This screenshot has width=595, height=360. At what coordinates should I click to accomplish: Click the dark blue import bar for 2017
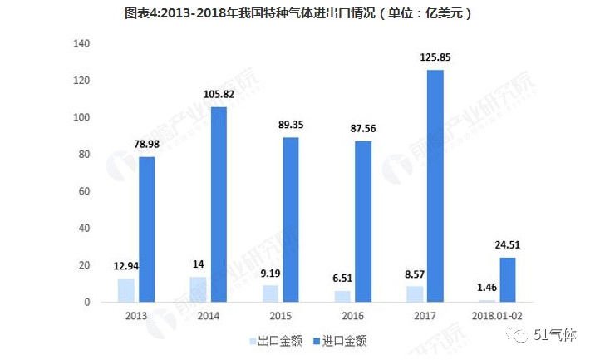click(x=435, y=186)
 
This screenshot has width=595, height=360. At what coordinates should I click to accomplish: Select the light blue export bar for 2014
click(x=198, y=289)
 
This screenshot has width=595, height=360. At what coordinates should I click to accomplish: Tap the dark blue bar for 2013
click(x=146, y=229)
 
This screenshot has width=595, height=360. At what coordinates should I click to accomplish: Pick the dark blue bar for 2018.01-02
click(x=506, y=279)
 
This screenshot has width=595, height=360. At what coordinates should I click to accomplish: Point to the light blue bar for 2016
click(x=342, y=296)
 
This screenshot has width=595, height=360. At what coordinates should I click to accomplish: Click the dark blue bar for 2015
click(x=291, y=219)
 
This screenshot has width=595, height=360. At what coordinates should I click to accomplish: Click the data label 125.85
click(x=435, y=57)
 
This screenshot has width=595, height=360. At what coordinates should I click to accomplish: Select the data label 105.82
click(x=218, y=94)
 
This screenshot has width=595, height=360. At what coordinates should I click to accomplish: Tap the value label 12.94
click(x=126, y=266)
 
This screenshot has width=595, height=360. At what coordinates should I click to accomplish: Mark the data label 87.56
click(x=362, y=129)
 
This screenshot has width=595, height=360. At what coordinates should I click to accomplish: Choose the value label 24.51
click(x=506, y=245)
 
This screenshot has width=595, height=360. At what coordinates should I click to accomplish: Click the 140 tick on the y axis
click(x=81, y=43)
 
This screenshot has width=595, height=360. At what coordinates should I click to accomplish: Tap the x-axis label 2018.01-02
click(x=496, y=316)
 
